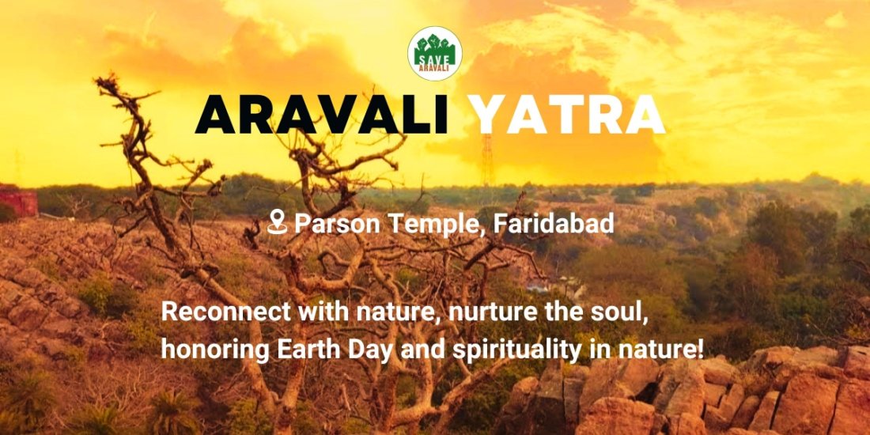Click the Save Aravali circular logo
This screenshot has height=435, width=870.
tap(435, 54)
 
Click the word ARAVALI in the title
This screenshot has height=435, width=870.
tap(323, 115)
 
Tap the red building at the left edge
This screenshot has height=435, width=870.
tap(17, 202)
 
